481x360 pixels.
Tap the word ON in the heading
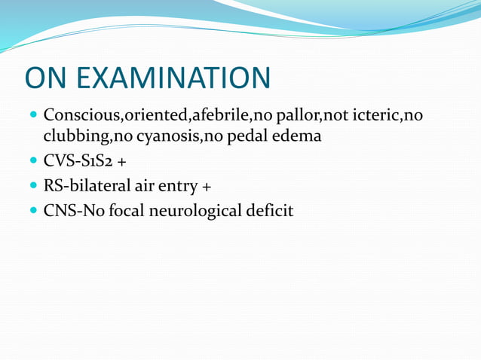48,78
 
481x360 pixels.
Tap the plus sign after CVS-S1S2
121,161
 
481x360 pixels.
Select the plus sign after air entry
207,186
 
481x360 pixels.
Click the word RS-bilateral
91,185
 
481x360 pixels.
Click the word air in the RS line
151,185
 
